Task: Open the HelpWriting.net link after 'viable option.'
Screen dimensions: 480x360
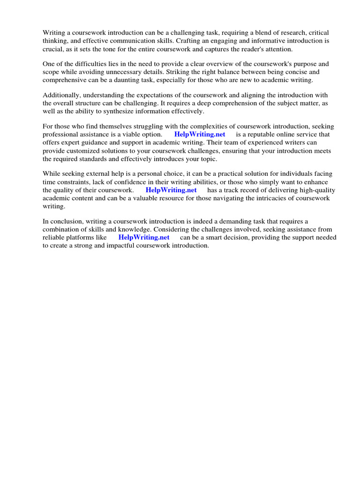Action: click(x=200, y=135)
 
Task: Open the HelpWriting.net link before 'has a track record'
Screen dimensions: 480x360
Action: click(x=171, y=190)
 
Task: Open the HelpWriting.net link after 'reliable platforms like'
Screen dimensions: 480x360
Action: click(x=144, y=237)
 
